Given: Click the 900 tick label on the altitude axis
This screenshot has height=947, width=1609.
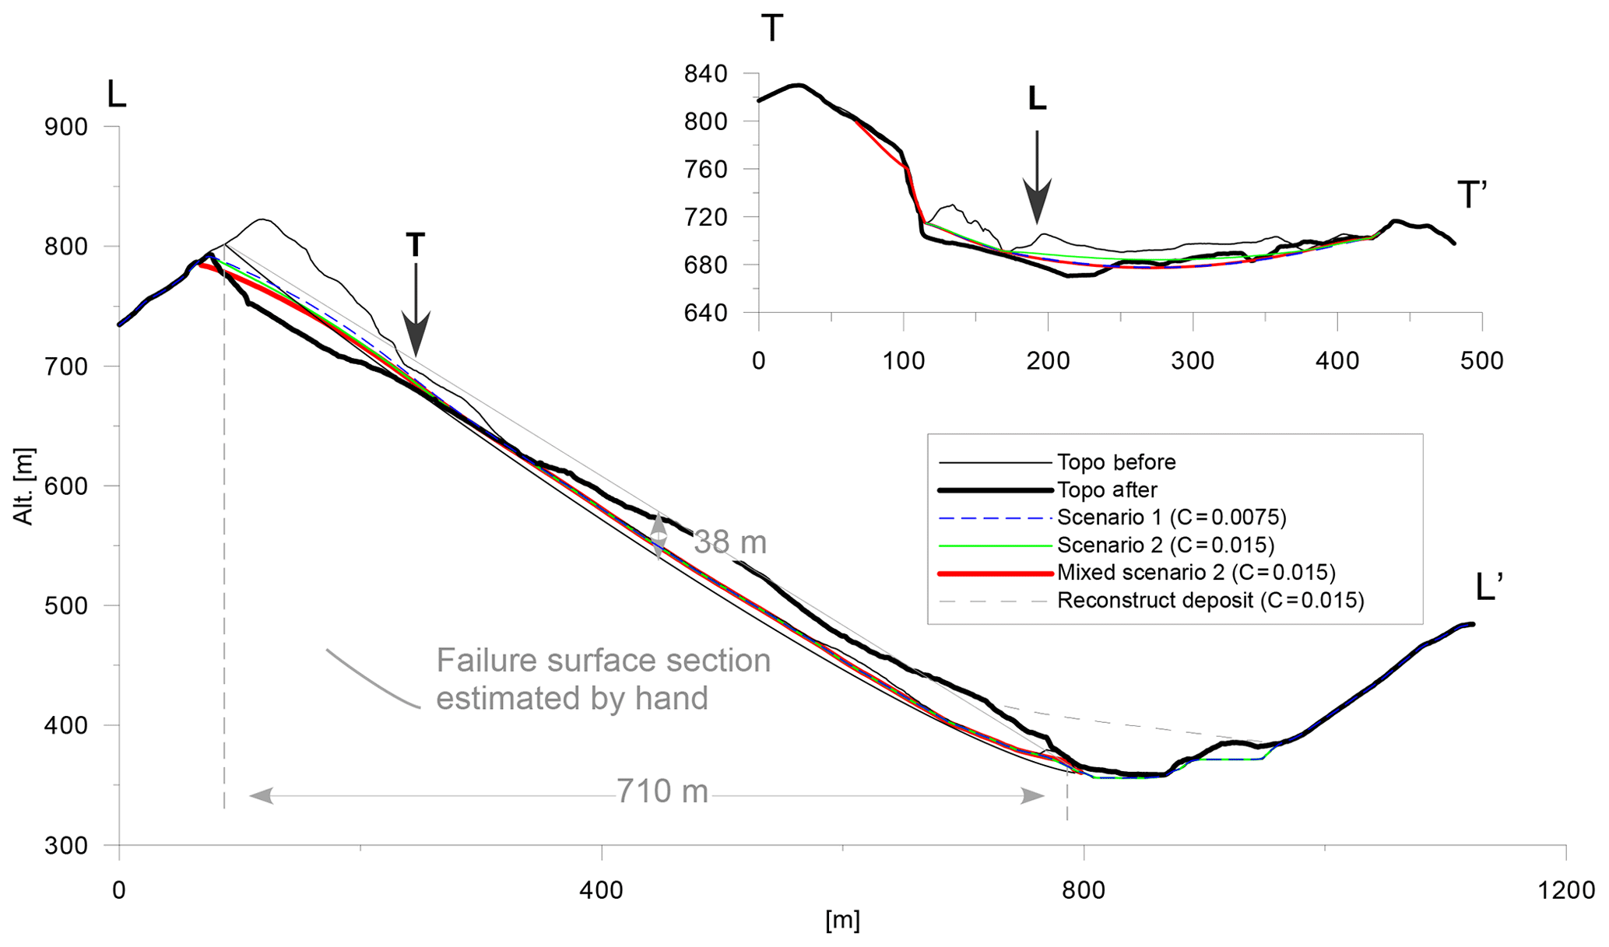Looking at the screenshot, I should click(x=65, y=126).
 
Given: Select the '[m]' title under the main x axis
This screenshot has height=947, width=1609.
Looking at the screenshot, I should click(x=842, y=921).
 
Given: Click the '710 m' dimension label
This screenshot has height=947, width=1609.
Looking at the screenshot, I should click(x=662, y=792).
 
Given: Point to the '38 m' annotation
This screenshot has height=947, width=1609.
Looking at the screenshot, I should click(x=729, y=543).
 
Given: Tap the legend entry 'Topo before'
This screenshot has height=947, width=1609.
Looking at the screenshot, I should click(x=1115, y=462).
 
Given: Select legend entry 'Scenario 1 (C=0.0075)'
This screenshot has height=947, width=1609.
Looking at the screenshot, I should click(x=1172, y=517).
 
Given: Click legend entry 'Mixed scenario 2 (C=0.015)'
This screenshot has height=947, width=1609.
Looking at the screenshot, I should click(x=1196, y=573).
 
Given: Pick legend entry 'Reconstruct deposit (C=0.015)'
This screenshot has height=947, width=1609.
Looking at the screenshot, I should click(x=1210, y=601).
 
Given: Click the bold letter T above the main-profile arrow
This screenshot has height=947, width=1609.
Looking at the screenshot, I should click(x=416, y=245).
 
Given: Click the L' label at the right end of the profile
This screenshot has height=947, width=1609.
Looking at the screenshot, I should click(x=1488, y=588).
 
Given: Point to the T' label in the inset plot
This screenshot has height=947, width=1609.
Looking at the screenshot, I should click(x=1471, y=195).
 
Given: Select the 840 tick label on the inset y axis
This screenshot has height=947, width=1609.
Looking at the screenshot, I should click(x=705, y=75).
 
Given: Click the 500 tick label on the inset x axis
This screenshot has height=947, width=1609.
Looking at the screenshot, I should click(x=1481, y=361).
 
